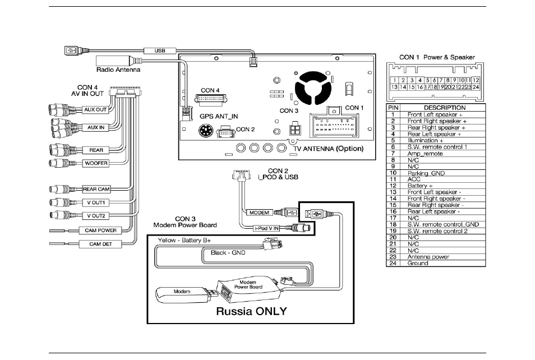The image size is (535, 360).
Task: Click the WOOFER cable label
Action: point(96,163)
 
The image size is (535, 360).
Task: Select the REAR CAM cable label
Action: point(96,189)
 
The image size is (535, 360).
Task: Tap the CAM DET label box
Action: point(100,244)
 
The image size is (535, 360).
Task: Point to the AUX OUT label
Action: point(95,110)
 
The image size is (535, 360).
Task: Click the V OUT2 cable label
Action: point(96,216)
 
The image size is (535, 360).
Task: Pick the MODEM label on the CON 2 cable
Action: point(259,213)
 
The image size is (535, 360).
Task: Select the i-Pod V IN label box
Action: point(266,228)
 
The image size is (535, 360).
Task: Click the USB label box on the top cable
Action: point(160,51)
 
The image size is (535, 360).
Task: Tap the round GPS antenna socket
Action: point(205,131)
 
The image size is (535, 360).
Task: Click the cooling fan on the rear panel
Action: point(313,89)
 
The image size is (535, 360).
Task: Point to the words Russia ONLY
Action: point(251,311)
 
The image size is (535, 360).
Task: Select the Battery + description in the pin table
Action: point(420,186)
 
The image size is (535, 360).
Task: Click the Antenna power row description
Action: point(428,257)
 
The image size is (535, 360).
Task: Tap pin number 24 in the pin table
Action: point(393,264)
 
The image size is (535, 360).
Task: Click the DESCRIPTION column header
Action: point(445,108)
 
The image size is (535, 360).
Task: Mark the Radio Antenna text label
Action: point(118,70)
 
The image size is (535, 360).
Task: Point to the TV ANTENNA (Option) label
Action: point(328,149)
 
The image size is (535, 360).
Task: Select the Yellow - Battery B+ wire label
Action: point(185,241)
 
